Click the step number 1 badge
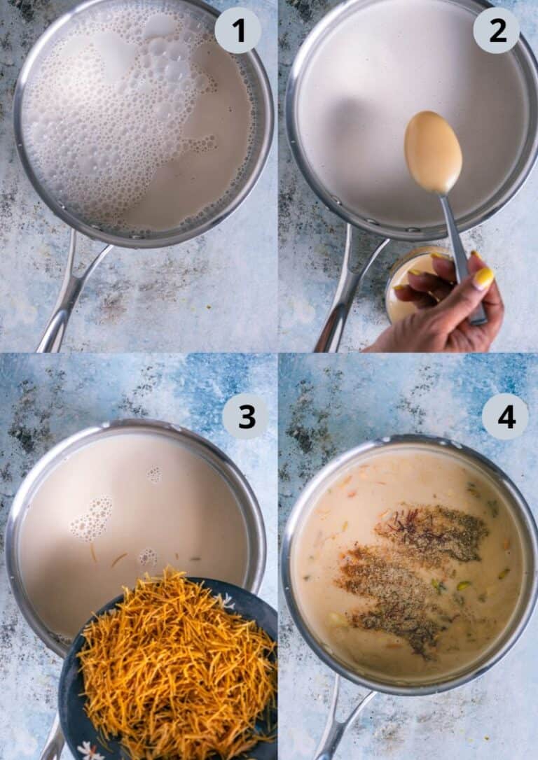[237, 30]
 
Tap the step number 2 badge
[496, 30]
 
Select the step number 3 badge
[245, 416]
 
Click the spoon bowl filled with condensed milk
[433, 152]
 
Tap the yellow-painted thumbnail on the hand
[483, 278]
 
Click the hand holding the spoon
[448, 308]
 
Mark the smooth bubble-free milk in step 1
[210, 175]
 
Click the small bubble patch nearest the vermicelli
[147, 557]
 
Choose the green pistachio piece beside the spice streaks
[463, 585]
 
